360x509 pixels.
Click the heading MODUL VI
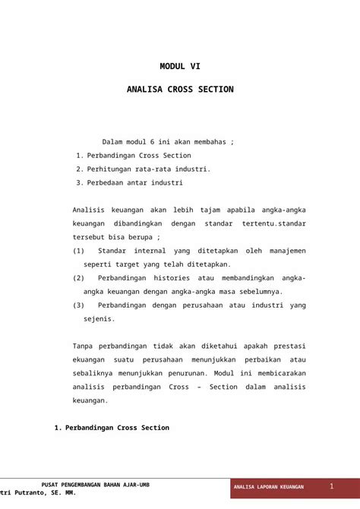(x=180, y=66)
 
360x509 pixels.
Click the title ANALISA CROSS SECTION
(x=180, y=90)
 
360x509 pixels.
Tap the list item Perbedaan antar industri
(x=134, y=182)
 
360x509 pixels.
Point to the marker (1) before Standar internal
(x=79, y=250)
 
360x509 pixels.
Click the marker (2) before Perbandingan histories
(x=79, y=277)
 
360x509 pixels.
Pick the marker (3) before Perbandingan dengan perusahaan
(x=79, y=305)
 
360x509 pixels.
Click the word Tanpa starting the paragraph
(x=84, y=345)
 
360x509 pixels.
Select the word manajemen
(x=285, y=250)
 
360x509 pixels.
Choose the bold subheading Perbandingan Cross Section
(x=117, y=428)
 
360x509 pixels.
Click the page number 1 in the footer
(x=332, y=485)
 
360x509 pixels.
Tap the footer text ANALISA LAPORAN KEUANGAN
(x=269, y=486)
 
